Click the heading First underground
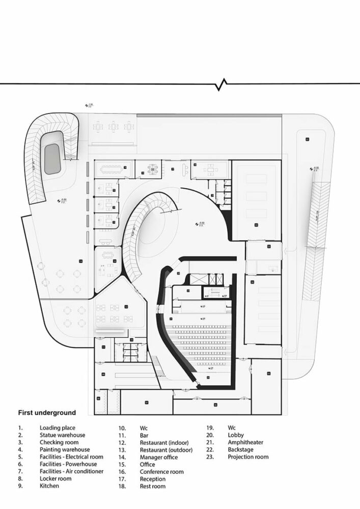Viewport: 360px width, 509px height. coord(47,412)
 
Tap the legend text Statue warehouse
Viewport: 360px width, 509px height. coord(62,435)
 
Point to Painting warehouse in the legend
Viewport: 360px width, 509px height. coord(65,449)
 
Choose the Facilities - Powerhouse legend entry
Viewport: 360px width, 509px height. coord(71,464)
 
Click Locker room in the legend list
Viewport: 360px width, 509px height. coord(56,478)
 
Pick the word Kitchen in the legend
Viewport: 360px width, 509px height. coord(49,486)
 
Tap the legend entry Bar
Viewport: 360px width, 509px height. coord(144,435)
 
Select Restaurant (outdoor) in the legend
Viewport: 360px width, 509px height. coord(167,449)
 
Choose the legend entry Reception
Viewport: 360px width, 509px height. coord(153,479)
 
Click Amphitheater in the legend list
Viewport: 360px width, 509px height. coord(246,442)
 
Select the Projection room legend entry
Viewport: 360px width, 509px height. coord(248,457)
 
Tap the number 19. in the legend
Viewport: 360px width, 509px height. coord(209,428)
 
